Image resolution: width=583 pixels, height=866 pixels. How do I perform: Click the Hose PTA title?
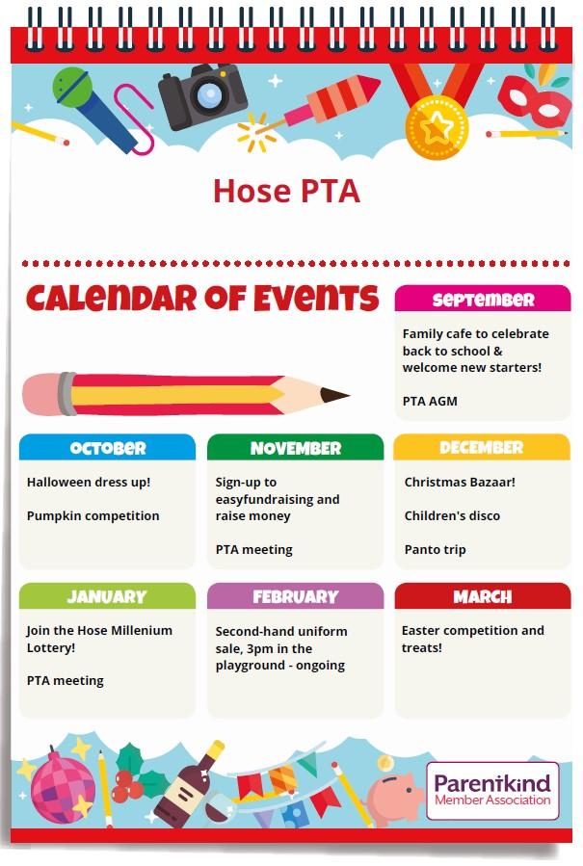click(286, 191)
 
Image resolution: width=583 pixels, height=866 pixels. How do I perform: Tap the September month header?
click(483, 300)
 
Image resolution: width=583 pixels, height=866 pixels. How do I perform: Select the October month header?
click(108, 448)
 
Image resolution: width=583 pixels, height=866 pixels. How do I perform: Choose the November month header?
click(295, 448)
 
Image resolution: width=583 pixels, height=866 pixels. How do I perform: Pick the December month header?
click(482, 448)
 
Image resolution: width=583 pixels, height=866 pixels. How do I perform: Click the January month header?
click(107, 596)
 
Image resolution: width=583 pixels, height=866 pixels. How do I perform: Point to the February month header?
click(295, 596)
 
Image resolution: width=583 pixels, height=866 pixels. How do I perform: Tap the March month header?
click(482, 596)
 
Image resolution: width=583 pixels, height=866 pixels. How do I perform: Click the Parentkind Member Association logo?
click(492, 789)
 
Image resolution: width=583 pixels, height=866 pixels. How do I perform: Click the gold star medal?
click(436, 128)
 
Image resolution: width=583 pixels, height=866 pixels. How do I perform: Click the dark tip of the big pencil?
click(334, 395)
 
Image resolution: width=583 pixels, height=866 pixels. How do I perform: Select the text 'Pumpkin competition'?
click(93, 515)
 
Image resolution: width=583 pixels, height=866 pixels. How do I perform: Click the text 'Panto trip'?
click(435, 549)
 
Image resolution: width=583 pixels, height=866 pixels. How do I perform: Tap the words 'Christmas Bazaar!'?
click(460, 482)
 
